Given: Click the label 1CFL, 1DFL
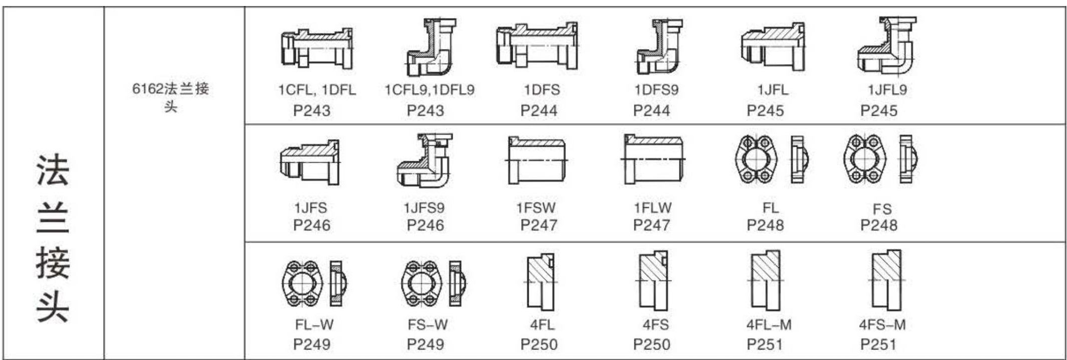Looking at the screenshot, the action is pyautogui.click(x=317, y=90).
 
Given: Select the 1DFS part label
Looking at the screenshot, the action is pyautogui.click(x=542, y=90).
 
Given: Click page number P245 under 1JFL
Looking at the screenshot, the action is pyautogui.click(x=765, y=111).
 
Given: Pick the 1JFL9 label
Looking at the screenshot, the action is pyautogui.click(x=887, y=90).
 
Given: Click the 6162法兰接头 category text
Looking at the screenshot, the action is pyautogui.click(x=171, y=97).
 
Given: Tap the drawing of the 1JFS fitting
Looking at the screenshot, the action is pyautogui.click(x=309, y=162).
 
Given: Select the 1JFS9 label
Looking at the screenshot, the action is pyautogui.click(x=424, y=207).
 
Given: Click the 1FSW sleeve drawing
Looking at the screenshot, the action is pyautogui.click(x=536, y=161).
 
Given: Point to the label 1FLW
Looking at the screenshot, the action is pyautogui.click(x=652, y=207).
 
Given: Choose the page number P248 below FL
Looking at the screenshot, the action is pyautogui.click(x=765, y=225).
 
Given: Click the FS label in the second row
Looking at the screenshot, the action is pyautogui.click(x=882, y=209).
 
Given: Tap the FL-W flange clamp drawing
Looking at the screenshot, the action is pyautogui.click(x=314, y=283).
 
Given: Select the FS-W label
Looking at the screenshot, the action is pyautogui.click(x=428, y=325).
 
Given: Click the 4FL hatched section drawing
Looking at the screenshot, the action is pyautogui.click(x=542, y=281).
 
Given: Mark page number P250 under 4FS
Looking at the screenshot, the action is pyautogui.click(x=652, y=344).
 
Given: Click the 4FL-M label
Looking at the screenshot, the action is pyautogui.click(x=769, y=325).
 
